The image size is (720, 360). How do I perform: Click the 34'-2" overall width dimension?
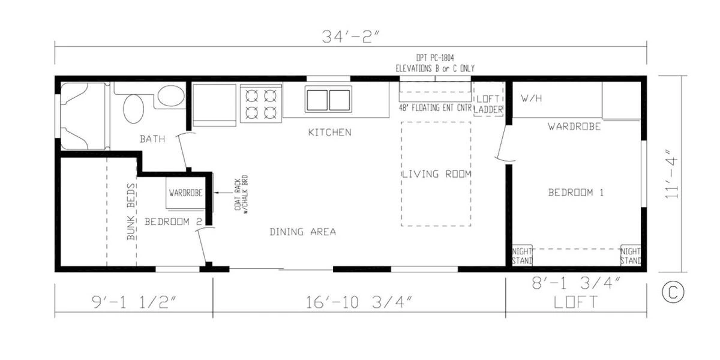(x=350, y=38)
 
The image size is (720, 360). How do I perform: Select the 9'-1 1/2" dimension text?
(x=134, y=300)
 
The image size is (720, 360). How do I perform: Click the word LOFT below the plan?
(x=575, y=302)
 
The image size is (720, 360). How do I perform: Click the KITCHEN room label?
(x=329, y=132)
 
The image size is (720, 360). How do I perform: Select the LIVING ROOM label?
(x=436, y=174)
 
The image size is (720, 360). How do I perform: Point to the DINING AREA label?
(x=302, y=232)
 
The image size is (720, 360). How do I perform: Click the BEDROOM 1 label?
(x=575, y=193)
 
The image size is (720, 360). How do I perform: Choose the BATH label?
(x=152, y=139)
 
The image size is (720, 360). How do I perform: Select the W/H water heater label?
(x=532, y=98)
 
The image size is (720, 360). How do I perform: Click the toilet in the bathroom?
(x=170, y=96)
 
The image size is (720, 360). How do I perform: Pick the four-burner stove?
(x=261, y=103)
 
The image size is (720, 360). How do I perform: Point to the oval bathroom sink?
(x=133, y=108)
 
